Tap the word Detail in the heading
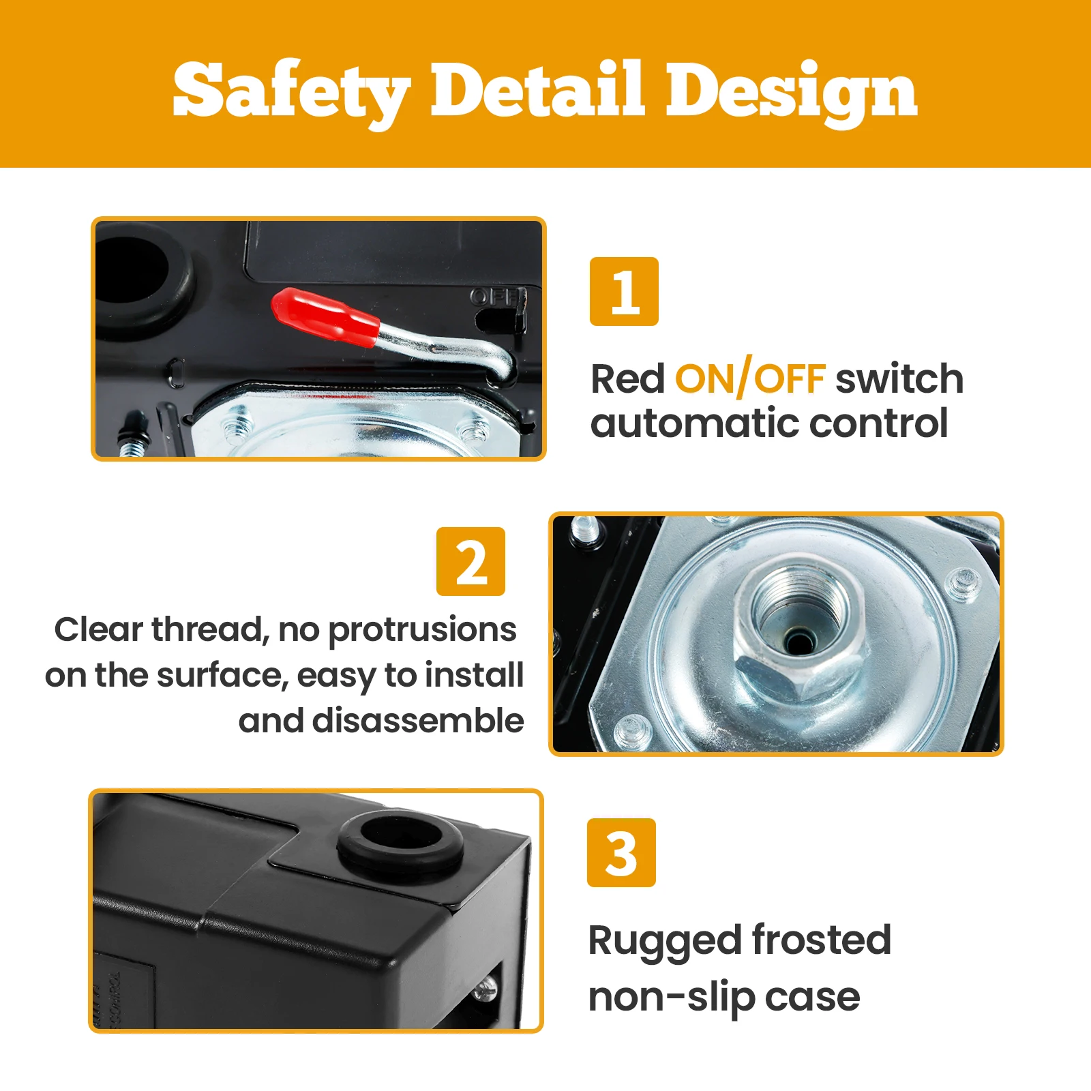[x=537, y=89]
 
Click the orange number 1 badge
[x=624, y=291]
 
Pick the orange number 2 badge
[x=470, y=561]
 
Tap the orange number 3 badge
[x=621, y=852]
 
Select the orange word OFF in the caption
[x=790, y=379]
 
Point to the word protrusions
[x=422, y=631]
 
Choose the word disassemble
[x=418, y=721]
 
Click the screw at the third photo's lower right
[x=485, y=989]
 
